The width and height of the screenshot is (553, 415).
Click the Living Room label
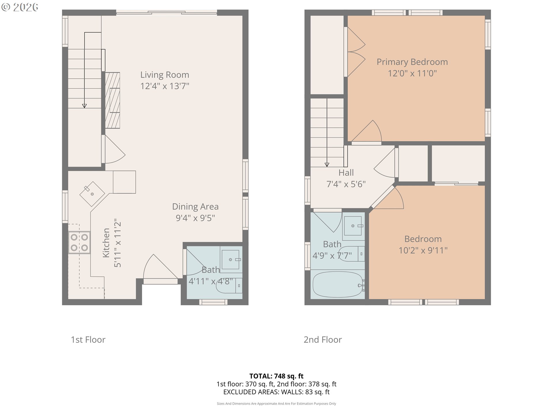click(x=165, y=75)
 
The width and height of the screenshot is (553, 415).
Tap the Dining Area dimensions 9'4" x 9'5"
click(x=196, y=218)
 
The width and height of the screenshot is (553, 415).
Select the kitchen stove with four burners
click(x=79, y=243)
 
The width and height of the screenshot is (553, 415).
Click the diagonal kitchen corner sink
click(x=92, y=194)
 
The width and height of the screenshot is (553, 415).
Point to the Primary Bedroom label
click(x=412, y=62)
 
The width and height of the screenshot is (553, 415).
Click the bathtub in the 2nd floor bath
click(x=338, y=284)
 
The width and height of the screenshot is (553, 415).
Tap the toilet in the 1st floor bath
click(x=229, y=286)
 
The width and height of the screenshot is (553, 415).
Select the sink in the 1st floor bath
click(x=231, y=259)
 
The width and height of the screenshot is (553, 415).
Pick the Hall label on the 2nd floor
click(x=346, y=173)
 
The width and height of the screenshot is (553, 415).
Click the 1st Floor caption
click(x=88, y=340)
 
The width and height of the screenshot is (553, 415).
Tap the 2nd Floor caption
click(x=323, y=340)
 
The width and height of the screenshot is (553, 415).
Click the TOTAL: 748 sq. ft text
click(x=276, y=376)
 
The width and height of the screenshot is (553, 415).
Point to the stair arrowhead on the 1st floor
click(x=84, y=106)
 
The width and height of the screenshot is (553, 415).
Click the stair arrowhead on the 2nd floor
click(x=327, y=165)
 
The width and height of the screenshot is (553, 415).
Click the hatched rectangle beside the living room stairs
click(x=113, y=100)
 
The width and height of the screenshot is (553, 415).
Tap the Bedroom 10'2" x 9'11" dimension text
click(x=423, y=250)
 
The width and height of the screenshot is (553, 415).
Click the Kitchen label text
click(x=106, y=243)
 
